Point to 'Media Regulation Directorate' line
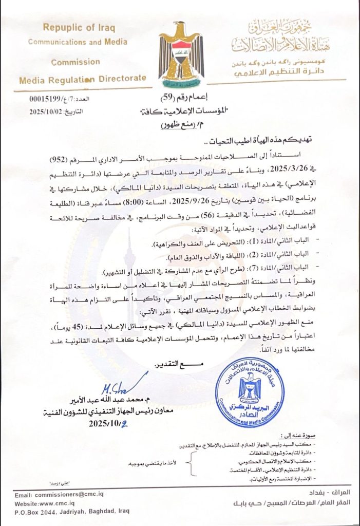click(82, 79)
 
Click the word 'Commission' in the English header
click(75, 61)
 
